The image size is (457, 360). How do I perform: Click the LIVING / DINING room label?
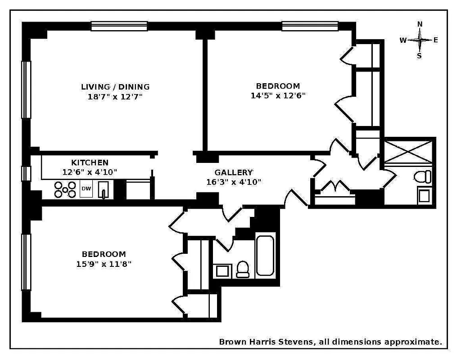[115, 87]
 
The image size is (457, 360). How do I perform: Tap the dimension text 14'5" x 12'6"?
[278, 95]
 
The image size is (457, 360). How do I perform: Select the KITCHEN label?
[90, 162]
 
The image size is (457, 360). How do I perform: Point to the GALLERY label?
[234, 172]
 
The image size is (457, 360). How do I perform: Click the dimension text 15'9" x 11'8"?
[104, 264]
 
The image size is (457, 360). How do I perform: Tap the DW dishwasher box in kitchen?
[86, 189]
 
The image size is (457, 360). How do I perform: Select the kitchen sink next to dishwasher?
[103, 189]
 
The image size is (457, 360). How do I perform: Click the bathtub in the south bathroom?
[265, 255]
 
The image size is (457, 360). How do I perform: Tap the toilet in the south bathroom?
[243, 269]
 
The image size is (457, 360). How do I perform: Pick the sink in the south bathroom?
[222, 270]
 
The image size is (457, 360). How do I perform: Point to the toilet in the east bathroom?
[422, 176]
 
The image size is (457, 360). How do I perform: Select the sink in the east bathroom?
[423, 196]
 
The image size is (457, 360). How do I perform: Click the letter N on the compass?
[420, 24]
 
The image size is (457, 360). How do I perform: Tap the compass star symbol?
[420, 40]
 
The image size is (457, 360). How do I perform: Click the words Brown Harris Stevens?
[266, 342]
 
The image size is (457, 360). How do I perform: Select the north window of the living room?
[119, 26]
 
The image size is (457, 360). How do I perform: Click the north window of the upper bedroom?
[310, 26]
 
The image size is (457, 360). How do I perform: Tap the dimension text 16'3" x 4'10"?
[231, 182]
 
